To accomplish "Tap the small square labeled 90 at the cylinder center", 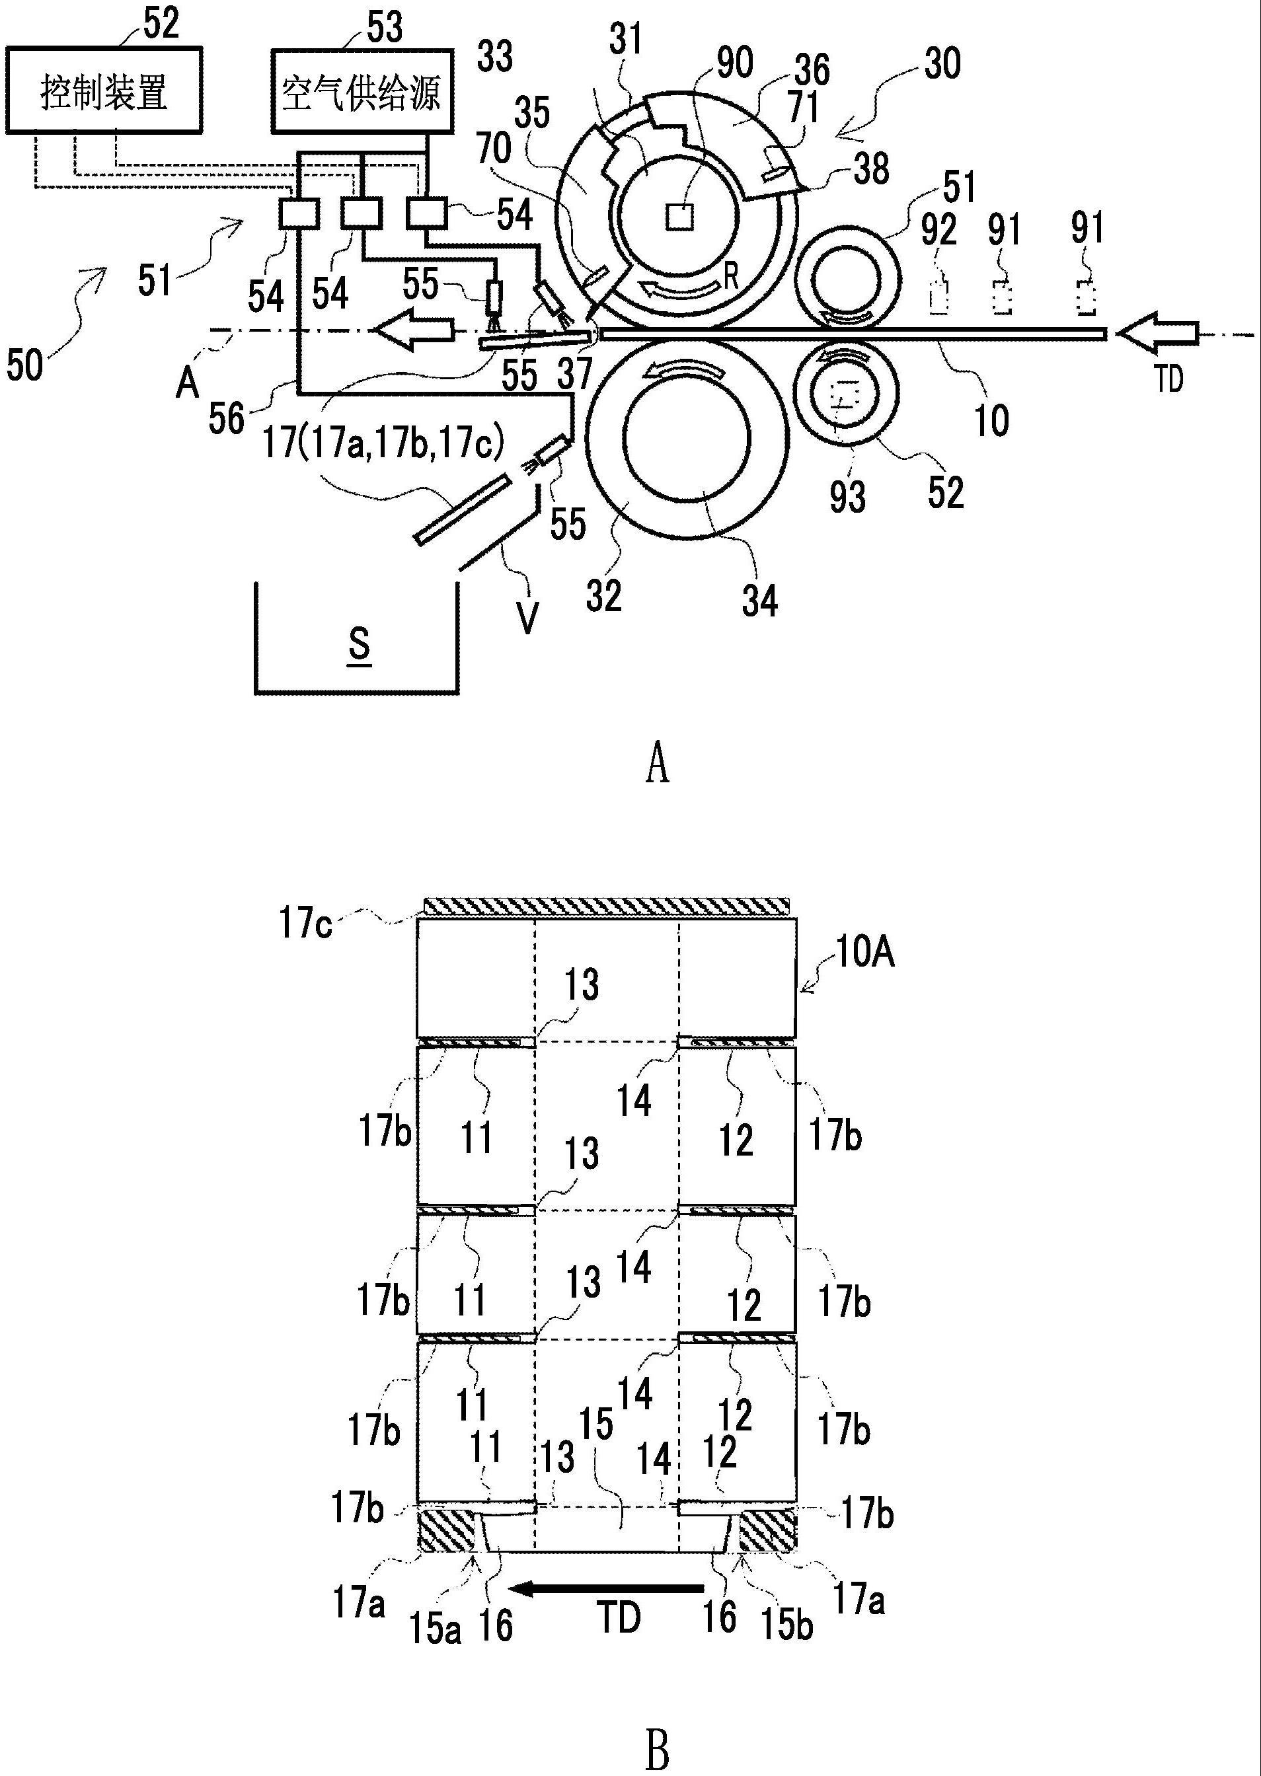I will (680, 217).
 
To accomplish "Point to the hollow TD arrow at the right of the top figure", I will (1157, 333).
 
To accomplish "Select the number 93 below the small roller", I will (847, 496).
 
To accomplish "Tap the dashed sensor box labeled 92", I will (938, 297).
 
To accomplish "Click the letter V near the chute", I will (527, 618).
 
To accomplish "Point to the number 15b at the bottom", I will (786, 1625).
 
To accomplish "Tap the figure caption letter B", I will (657, 1750).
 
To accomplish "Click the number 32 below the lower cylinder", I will (604, 595).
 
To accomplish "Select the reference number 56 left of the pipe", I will (226, 418).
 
